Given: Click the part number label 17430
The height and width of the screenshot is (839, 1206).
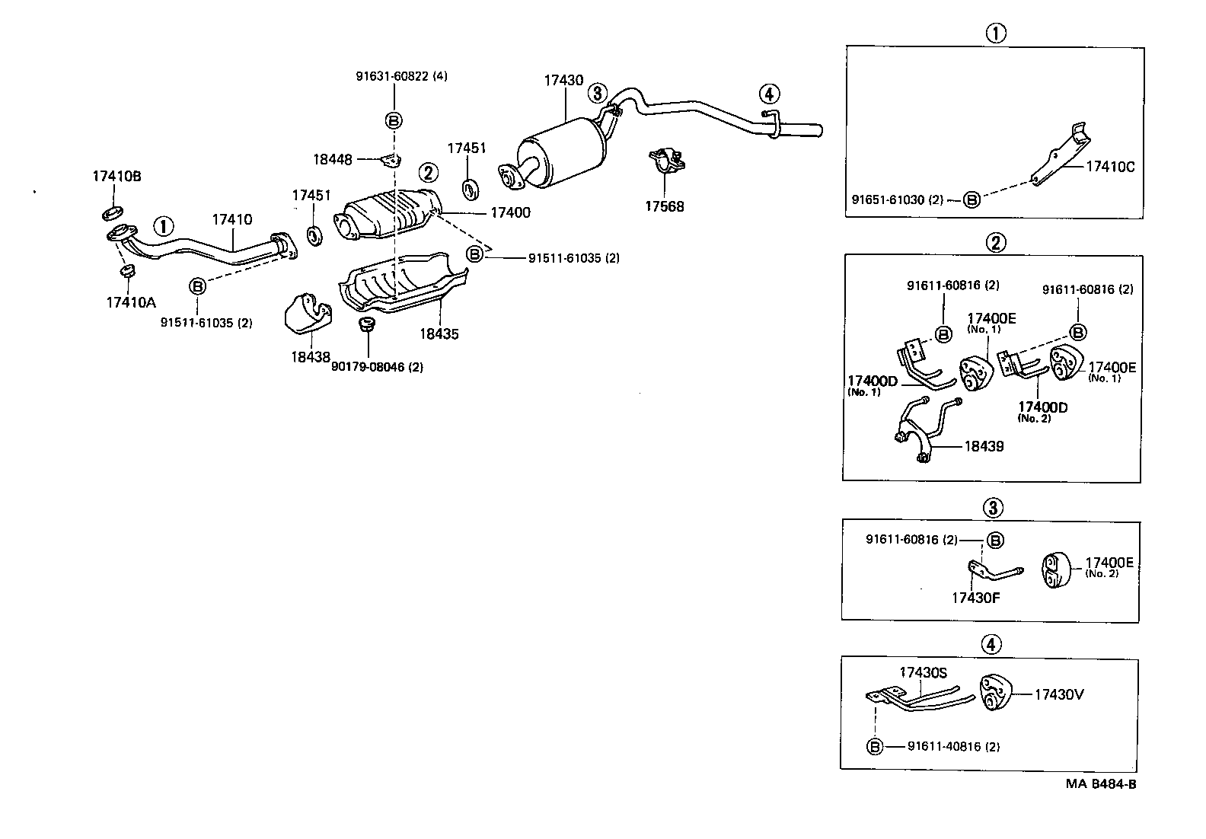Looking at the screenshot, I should [x=563, y=80].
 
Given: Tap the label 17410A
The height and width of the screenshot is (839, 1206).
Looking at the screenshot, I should [x=130, y=302].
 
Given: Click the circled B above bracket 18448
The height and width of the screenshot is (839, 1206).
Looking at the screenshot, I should [x=394, y=120].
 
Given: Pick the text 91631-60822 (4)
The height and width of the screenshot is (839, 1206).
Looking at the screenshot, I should [x=401, y=76].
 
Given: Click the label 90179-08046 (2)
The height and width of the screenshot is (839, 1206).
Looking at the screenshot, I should [x=377, y=366].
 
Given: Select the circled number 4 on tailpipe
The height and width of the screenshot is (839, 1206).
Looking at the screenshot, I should [x=769, y=94].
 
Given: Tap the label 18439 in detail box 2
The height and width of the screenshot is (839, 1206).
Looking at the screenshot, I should [x=984, y=446].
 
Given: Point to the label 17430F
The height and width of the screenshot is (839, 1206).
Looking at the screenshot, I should [x=975, y=598].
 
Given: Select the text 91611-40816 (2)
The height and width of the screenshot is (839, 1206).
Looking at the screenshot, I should [x=953, y=747].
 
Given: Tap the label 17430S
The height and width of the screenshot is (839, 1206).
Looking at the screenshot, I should [x=923, y=672].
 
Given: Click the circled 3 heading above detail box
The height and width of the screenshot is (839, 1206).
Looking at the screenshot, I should [x=991, y=507].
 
